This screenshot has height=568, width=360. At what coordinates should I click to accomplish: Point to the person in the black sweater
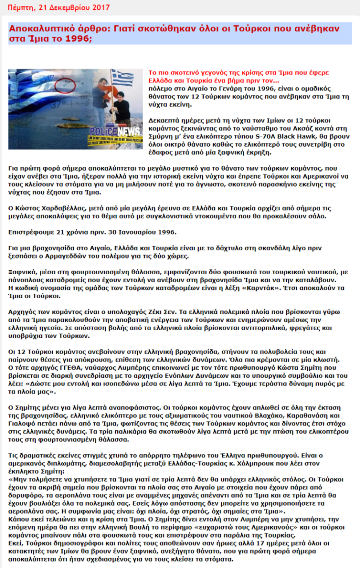click(98, 98)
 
